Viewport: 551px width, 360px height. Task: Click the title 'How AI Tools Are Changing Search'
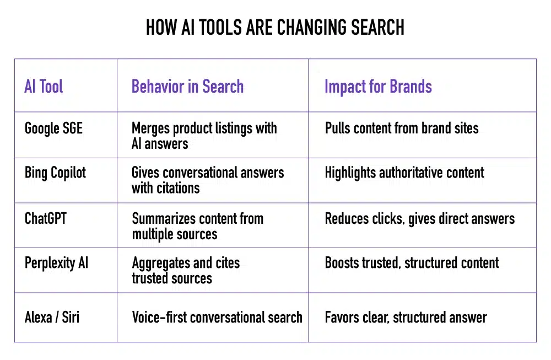pyautogui.click(x=275, y=27)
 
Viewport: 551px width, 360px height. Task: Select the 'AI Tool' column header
pyautogui.click(x=44, y=87)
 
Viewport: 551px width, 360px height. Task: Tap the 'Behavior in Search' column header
pyautogui.click(x=187, y=87)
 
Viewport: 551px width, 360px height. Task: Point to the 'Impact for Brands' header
pyautogui.click(x=378, y=87)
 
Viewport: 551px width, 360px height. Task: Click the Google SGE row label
pyautogui.click(x=53, y=128)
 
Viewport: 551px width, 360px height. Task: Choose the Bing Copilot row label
pyautogui.click(x=56, y=173)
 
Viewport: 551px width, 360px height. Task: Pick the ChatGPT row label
pyautogui.click(x=46, y=218)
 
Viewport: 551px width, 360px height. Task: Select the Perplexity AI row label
pyautogui.click(x=56, y=262)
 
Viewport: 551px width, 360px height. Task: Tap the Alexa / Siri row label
pyautogui.click(x=52, y=318)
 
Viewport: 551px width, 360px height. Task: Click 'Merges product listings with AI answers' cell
pyautogui.click(x=204, y=136)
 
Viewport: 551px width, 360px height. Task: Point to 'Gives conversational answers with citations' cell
pyautogui.click(x=208, y=180)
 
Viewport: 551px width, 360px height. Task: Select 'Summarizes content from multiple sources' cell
pyautogui.click(x=197, y=225)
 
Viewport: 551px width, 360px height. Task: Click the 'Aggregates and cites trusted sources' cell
pyautogui.click(x=186, y=270)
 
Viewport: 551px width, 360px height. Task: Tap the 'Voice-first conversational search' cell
pyautogui.click(x=217, y=318)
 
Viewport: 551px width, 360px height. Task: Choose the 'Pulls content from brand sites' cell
pyautogui.click(x=402, y=128)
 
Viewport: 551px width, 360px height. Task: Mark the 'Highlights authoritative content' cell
pyautogui.click(x=404, y=173)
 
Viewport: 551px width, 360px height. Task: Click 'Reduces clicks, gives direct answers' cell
pyautogui.click(x=420, y=218)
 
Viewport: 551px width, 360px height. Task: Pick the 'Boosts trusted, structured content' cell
pyautogui.click(x=412, y=262)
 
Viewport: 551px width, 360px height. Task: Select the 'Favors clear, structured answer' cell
pyautogui.click(x=406, y=318)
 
